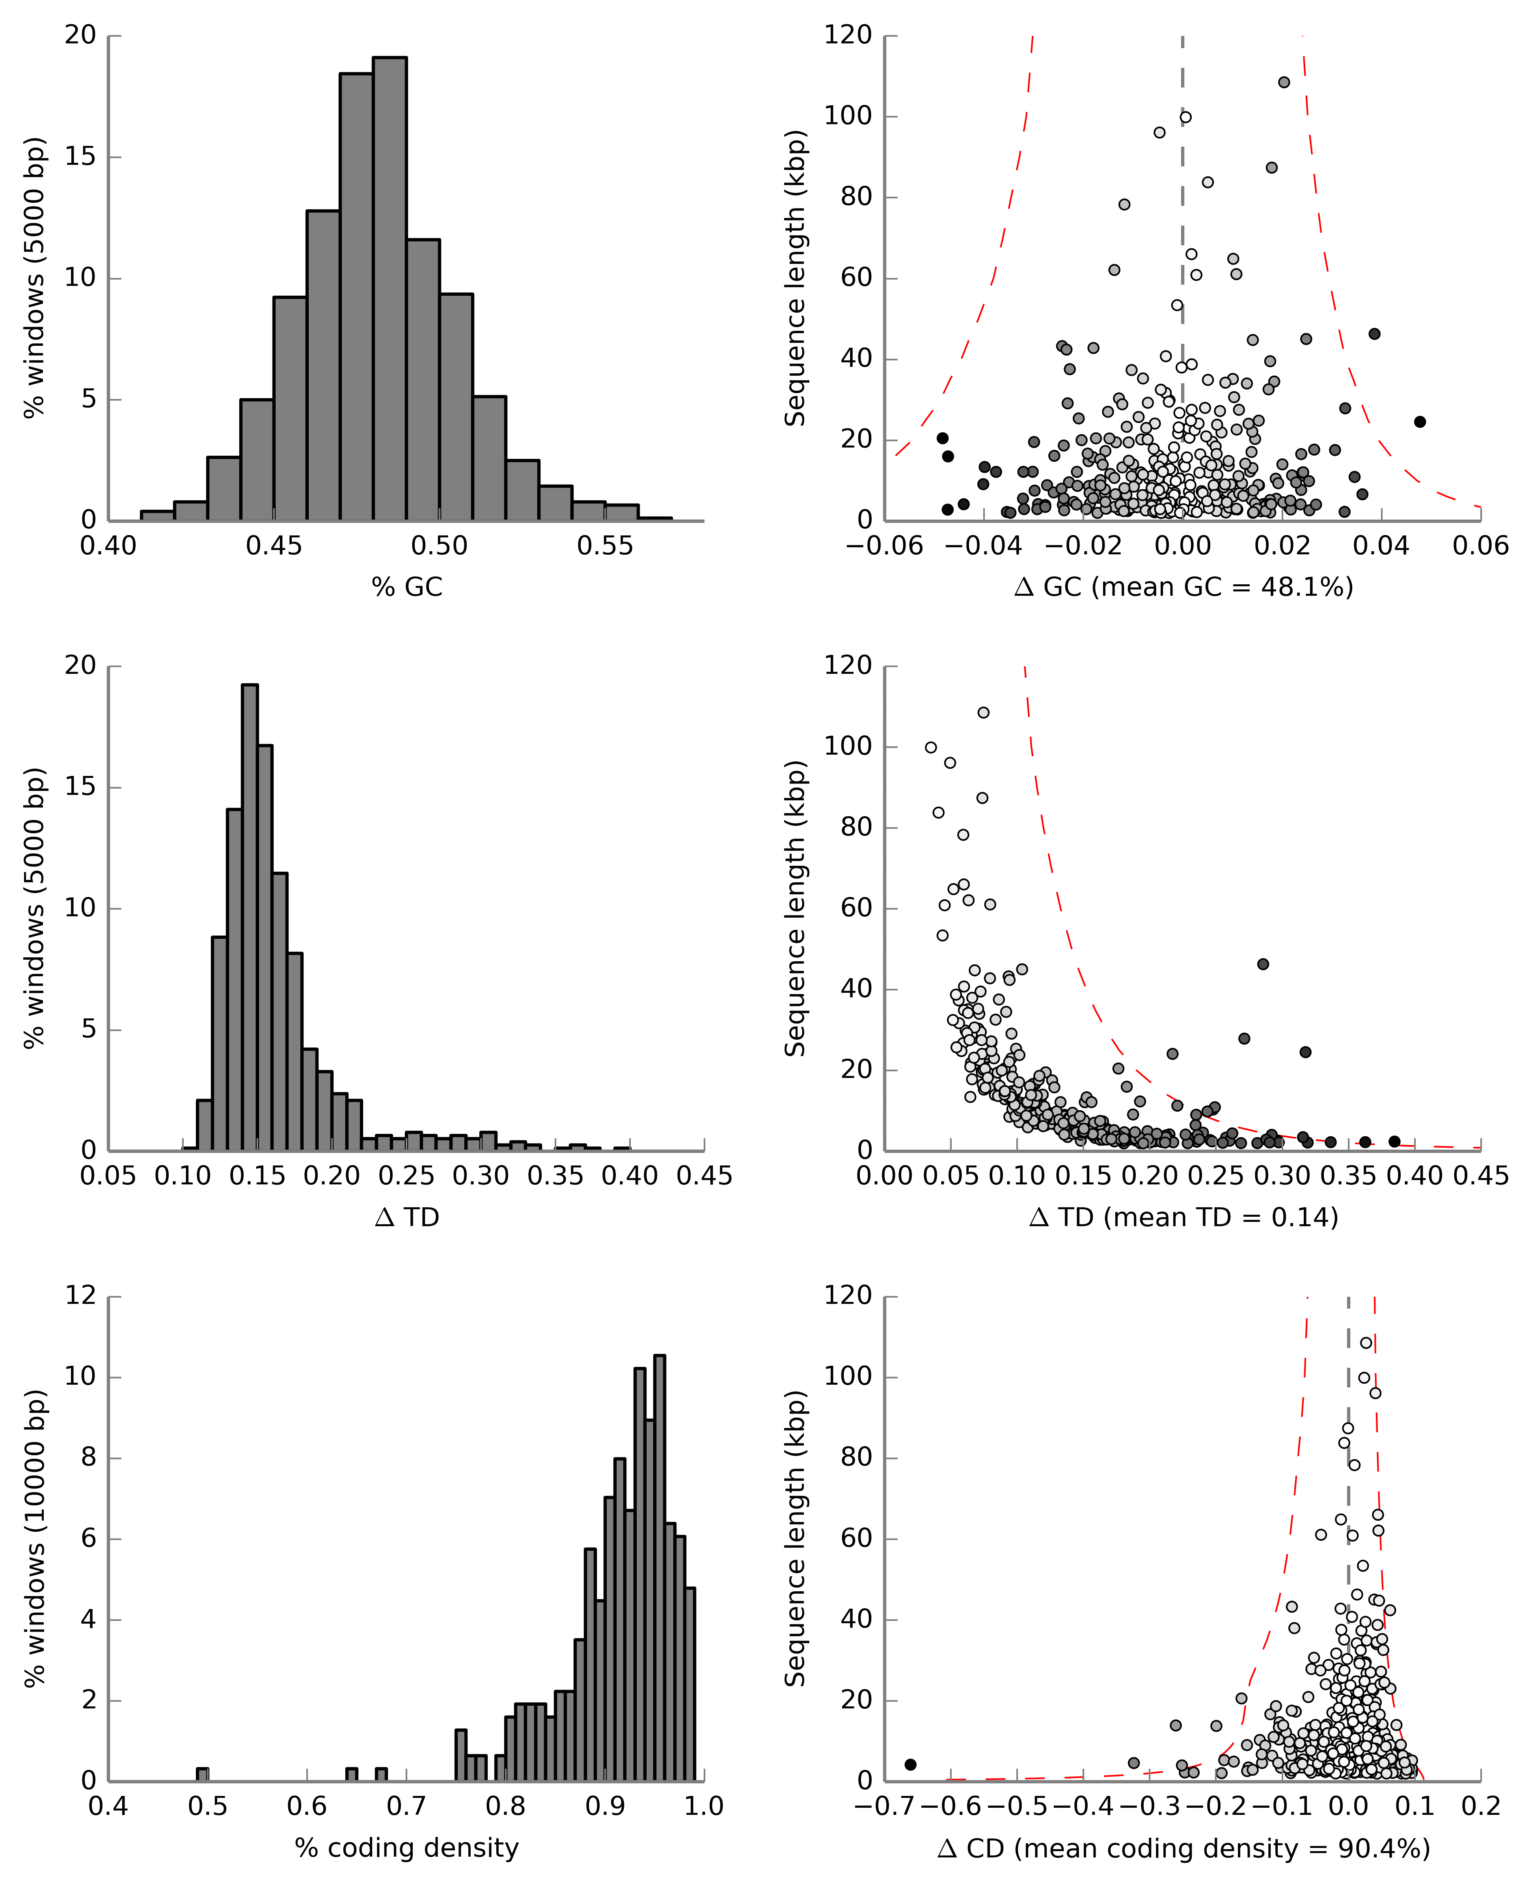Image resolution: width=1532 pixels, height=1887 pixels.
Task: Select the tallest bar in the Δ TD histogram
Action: (250, 918)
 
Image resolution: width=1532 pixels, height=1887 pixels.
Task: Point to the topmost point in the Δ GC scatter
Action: (1284, 82)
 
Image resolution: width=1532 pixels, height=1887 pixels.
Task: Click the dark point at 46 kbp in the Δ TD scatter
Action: (1263, 964)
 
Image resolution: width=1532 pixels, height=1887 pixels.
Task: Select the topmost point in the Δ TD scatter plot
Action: (983, 712)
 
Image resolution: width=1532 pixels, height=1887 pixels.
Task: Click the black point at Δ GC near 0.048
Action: (1420, 422)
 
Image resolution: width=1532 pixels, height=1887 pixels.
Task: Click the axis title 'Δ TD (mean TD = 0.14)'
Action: (1183, 1218)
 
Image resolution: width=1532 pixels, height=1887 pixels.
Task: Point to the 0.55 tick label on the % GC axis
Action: (606, 546)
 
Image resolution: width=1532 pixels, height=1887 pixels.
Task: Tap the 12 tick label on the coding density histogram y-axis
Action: (81, 1296)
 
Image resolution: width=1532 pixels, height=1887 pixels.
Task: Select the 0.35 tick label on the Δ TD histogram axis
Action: (556, 1177)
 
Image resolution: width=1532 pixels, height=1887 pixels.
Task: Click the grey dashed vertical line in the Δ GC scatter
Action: (1183, 221)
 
